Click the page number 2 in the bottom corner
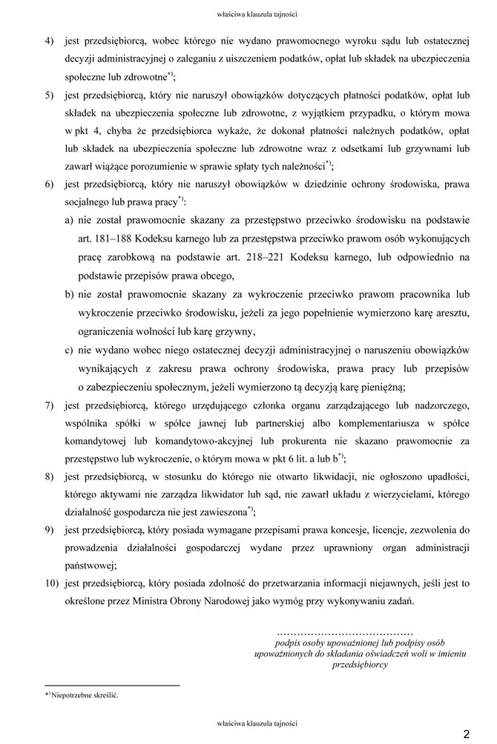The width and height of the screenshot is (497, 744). coord(467,734)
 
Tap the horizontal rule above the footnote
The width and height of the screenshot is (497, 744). coord(112,685)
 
